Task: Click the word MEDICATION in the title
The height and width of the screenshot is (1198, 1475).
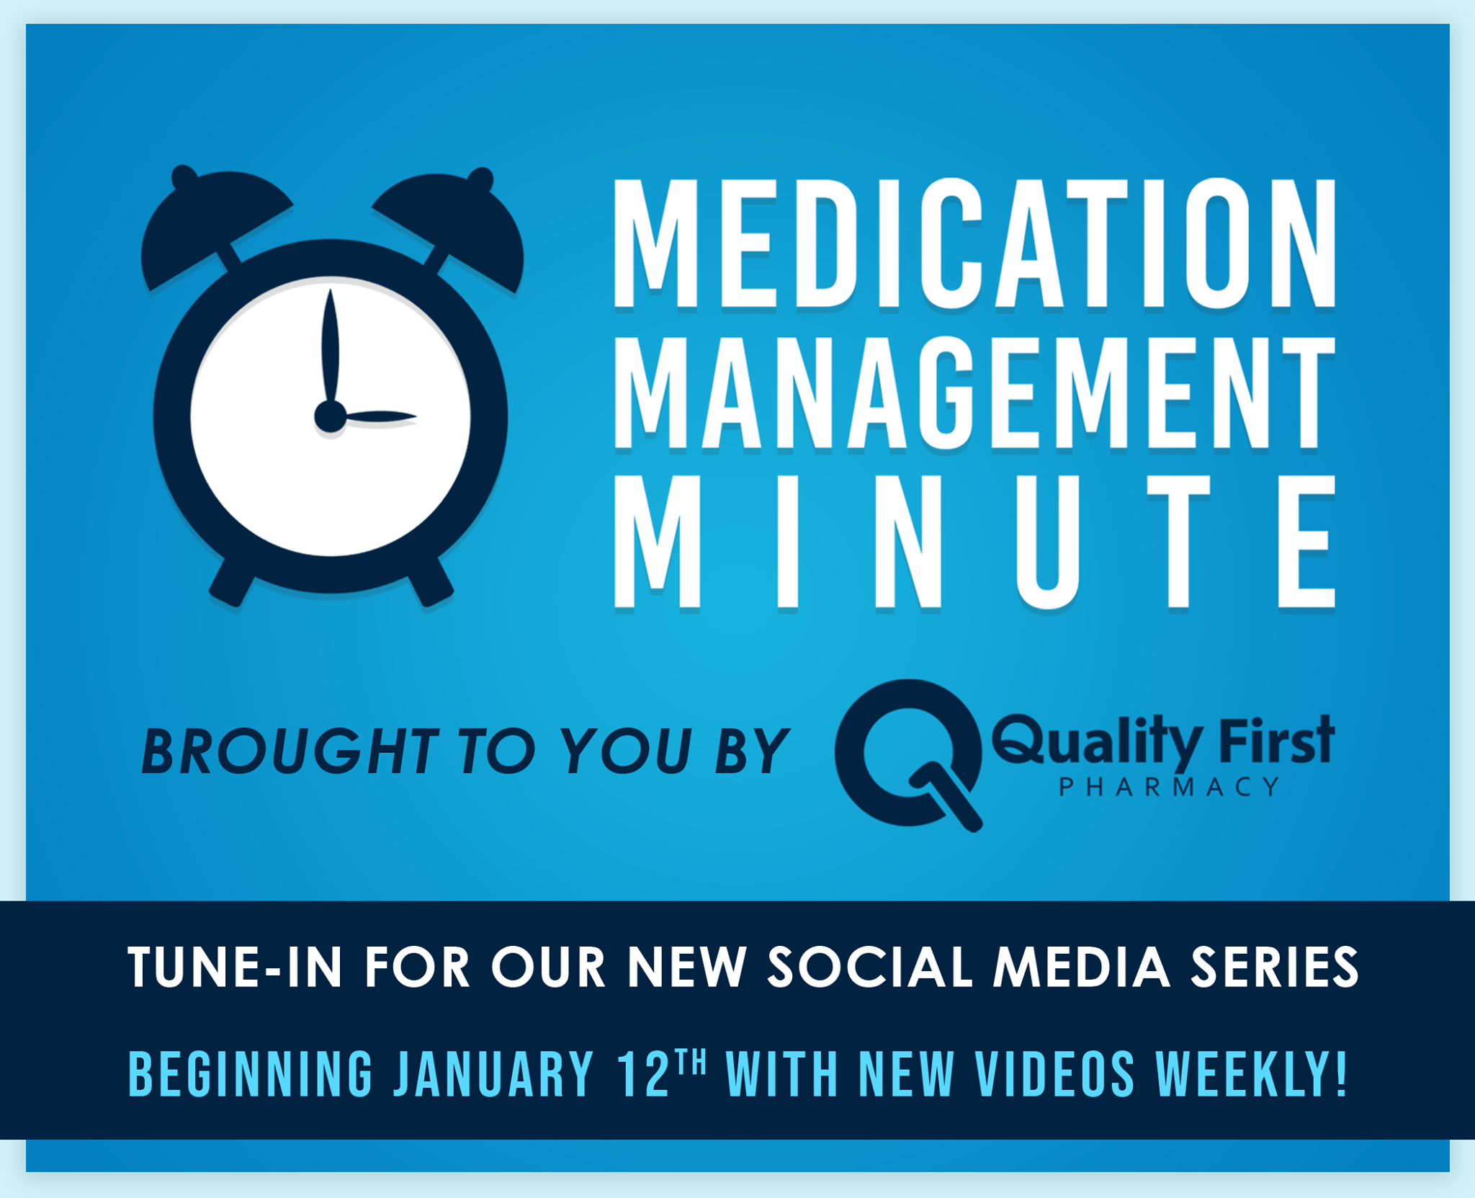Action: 974,243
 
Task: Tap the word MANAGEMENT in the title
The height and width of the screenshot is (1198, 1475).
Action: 974,393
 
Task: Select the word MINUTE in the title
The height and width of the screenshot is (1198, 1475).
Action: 974,542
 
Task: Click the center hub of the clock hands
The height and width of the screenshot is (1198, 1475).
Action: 331,416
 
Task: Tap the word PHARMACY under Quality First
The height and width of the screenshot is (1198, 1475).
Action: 1169,787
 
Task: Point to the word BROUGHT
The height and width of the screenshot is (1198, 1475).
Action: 290,751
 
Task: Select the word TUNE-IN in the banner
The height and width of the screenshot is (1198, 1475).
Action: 235,967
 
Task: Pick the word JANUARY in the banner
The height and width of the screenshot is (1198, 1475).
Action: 494,1073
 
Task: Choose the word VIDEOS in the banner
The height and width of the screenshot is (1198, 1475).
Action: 1056,1073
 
